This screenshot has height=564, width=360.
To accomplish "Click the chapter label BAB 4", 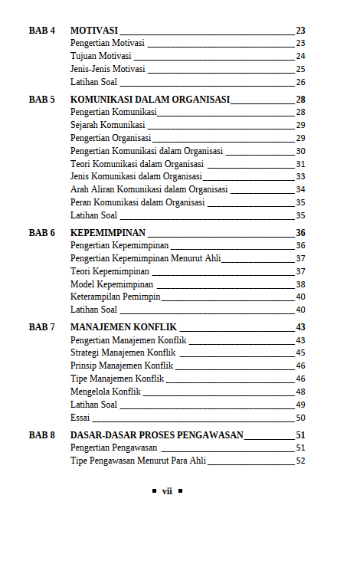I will (x=41, y=31).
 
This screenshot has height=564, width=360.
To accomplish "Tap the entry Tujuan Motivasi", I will (x=100, y=56).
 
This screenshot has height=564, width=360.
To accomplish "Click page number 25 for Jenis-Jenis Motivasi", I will (x=300, y=69).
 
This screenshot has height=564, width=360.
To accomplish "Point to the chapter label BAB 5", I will (x=41, y=100).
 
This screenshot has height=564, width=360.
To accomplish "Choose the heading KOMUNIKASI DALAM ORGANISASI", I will (x=149, y=100).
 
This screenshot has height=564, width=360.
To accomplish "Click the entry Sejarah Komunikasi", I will (x=106, y=125).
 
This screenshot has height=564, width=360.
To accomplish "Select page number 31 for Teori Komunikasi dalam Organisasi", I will (x=300, y=164).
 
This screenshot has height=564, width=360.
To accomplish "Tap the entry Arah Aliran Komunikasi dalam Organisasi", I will (x=149, y=189).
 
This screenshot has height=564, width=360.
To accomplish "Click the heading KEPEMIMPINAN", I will (x=108, y=233).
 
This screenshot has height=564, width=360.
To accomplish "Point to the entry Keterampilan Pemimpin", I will (x=115, y=297).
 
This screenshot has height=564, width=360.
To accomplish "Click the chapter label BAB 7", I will (x=41, y=327).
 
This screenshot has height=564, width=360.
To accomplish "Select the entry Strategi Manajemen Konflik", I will (x=123, y=352).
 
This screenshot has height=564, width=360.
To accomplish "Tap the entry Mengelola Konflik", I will (x=106, y=392).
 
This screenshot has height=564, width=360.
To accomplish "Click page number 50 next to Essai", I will (x=300, y=418).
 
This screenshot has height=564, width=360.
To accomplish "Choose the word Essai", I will (x=80, y=418).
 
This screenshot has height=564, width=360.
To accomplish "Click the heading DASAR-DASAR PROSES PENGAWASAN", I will (x=156, y=435).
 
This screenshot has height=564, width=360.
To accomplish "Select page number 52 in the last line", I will (x=300, y=461).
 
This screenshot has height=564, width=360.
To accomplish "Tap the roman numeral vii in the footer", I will (x=166, y=491).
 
